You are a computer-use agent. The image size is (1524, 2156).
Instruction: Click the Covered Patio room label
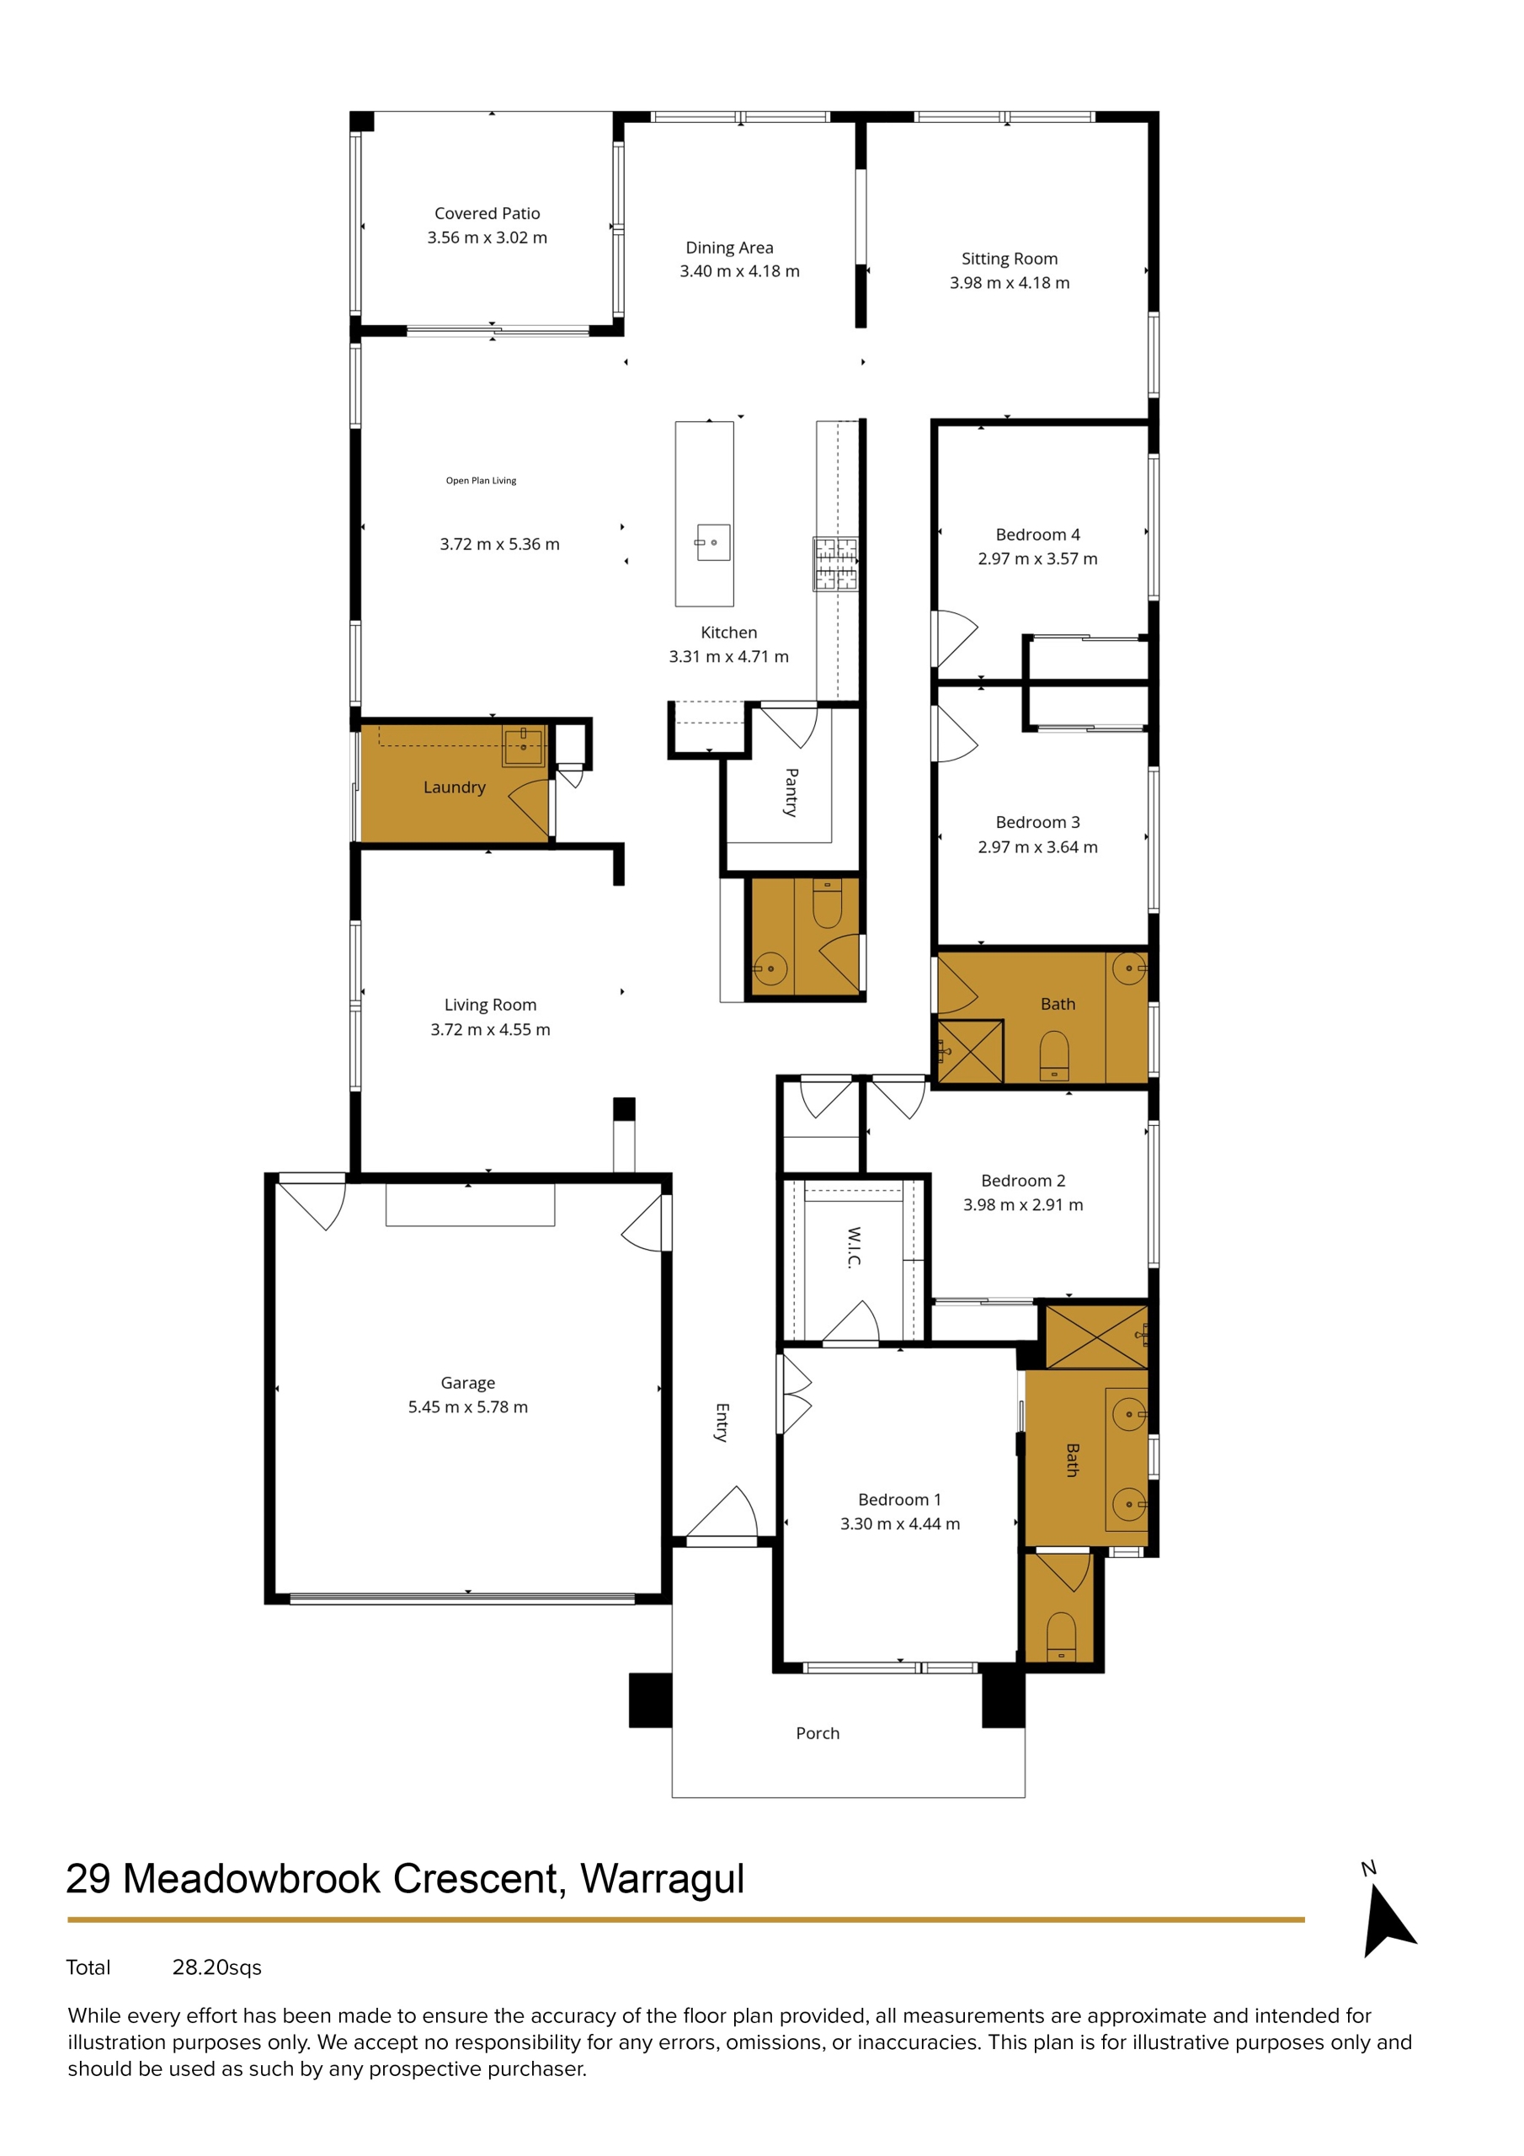(487, 213)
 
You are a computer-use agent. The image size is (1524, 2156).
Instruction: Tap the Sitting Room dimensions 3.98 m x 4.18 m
(1009, 283)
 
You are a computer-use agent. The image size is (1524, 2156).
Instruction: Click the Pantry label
(791, 792)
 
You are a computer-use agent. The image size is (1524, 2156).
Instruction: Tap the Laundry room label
(454, 787)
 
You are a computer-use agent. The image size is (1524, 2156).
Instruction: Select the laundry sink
(522, 745)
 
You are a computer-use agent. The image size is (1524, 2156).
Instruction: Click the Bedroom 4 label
(1036, 534)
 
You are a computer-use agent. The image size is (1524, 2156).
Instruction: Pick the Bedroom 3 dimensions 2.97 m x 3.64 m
(1036, 846)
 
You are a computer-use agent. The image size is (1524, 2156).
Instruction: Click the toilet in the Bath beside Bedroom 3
(1053, 1055)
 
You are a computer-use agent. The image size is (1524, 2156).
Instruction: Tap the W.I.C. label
(853, 1247)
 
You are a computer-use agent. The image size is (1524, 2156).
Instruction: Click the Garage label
(466, 1382)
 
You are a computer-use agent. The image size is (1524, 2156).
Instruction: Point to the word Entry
(721, 1422)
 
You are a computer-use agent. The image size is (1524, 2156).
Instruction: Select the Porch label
(817, 1732)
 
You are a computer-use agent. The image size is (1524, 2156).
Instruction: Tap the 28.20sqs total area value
(217, 1967)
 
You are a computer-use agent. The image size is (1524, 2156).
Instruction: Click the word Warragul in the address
(662, 1879)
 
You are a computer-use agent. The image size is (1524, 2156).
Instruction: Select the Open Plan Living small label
(481, 481)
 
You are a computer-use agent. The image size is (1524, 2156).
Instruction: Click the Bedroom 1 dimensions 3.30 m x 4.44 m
(899, 1524)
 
